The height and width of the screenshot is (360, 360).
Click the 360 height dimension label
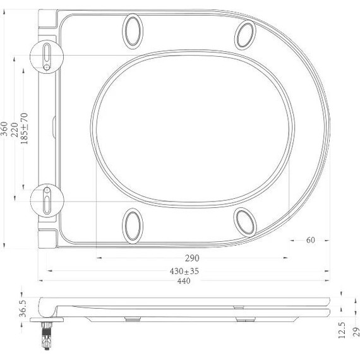[x=6, y=130]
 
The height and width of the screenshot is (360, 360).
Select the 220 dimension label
[x=16, y=130]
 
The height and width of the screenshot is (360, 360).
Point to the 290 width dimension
[x=192, y=258]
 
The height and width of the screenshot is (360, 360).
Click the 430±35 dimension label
[x=184, y=271]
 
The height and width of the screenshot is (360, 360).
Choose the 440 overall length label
[x=184, y=282]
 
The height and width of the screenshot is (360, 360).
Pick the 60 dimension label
[x=310, y=241]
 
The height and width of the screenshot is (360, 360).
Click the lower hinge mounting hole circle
[x=48, y=198]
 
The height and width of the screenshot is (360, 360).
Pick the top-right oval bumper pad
[x=245, y=35]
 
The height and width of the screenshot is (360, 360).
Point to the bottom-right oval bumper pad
[x=244, y=221]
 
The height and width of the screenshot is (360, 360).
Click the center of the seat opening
[x=193, y=128]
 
